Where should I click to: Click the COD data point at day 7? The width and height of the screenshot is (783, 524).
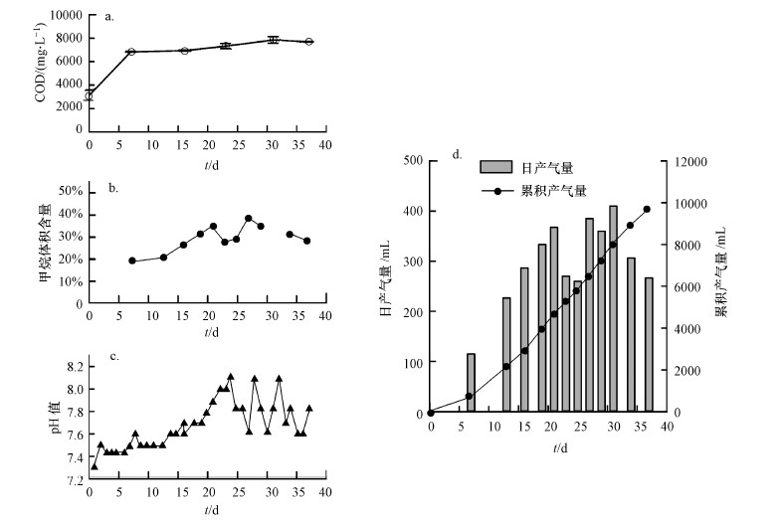(x=130, y=52)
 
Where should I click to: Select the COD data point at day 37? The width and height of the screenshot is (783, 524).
(x=309, y=42)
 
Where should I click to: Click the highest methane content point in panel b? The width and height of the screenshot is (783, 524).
(x=249, y=218)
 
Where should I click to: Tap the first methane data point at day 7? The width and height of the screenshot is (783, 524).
(x=131, y=261)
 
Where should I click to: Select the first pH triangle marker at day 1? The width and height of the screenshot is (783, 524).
(x=95, y=466)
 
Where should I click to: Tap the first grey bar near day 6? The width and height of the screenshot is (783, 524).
(x=471, y=383)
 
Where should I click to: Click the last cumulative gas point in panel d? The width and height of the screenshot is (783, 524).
(x=647, y=209)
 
